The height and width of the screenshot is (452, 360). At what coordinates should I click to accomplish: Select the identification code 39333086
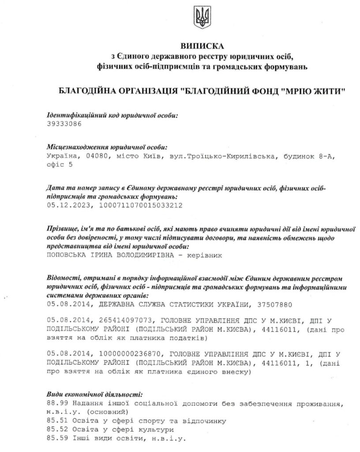64,124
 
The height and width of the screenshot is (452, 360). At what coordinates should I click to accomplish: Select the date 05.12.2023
66,205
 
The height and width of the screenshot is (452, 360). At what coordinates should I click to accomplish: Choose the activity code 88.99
56,404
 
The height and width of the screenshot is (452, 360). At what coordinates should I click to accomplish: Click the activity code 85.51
56,421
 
